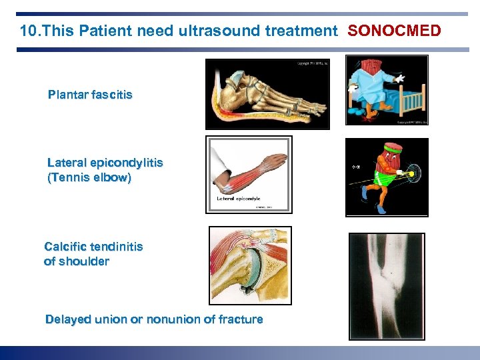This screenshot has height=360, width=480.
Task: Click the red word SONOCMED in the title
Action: coord(394,31)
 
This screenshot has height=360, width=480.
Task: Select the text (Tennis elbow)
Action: coord(89,178)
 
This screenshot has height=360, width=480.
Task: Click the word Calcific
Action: coord(66,247)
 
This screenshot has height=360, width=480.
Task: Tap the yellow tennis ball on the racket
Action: coord(412,174)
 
